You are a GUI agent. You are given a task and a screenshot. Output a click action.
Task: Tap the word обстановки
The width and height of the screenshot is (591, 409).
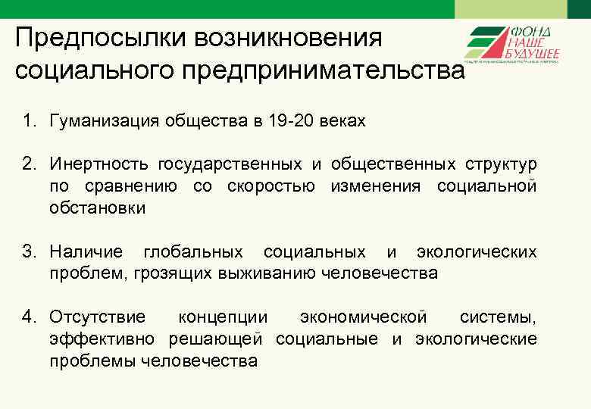97,208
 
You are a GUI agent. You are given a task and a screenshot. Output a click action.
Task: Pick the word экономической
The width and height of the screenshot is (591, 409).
364,317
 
